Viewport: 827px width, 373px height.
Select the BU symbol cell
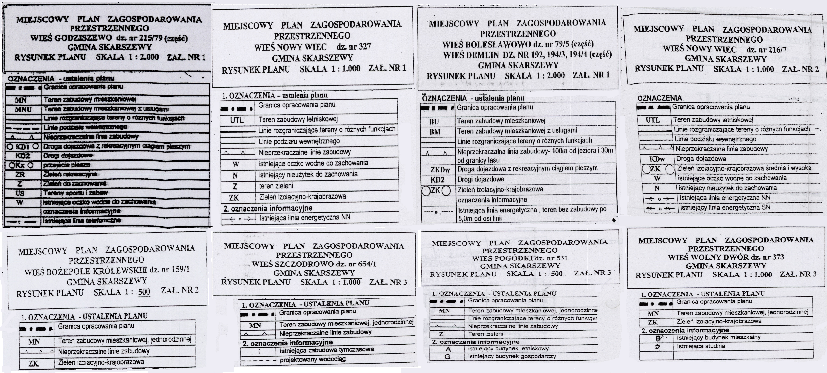point(434,121)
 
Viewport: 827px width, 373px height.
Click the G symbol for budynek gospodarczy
point(447,357)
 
